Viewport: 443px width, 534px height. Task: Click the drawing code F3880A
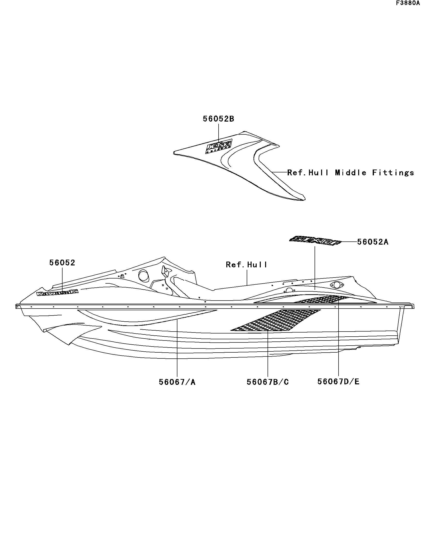[408, 3]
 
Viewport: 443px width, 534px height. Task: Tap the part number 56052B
[218, 119]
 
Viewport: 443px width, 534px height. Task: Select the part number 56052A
[373, 242]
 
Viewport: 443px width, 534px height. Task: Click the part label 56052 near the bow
[62, 263]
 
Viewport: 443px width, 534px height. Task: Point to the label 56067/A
[177, 382]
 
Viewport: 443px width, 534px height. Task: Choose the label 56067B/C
[268, 382]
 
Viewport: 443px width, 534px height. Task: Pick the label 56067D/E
[338, 381]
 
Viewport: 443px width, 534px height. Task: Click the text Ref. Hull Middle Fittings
[350, 173]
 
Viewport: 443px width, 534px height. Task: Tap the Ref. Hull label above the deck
[246, 265]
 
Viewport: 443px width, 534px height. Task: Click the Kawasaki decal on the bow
[57, 293]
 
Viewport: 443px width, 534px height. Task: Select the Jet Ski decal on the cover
[219, 147]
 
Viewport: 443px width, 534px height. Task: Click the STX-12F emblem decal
[315, 240]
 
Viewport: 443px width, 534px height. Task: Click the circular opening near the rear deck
[337, 285]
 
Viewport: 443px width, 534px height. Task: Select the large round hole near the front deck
[143, 275]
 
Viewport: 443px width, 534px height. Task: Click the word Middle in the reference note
[350, 173]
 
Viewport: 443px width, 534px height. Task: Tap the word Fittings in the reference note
[393, 173]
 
